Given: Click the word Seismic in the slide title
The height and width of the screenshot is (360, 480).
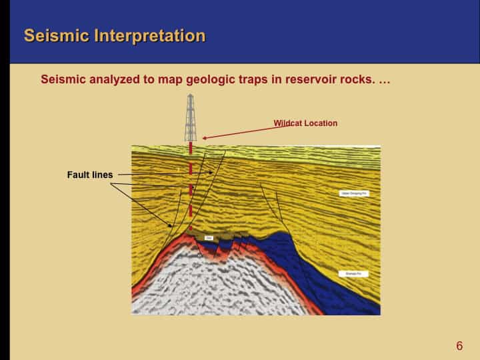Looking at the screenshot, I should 55,35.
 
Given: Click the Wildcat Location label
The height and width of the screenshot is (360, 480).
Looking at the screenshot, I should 305,123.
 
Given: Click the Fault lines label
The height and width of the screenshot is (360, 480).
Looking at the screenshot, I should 90,175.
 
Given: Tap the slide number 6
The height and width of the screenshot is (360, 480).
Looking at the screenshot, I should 459,345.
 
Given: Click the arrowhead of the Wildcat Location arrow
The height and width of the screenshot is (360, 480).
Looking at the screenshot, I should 205,138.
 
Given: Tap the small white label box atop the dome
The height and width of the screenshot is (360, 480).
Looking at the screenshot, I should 209,237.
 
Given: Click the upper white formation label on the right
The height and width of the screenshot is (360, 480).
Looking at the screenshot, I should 355,193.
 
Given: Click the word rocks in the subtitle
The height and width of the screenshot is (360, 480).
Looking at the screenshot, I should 357,79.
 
